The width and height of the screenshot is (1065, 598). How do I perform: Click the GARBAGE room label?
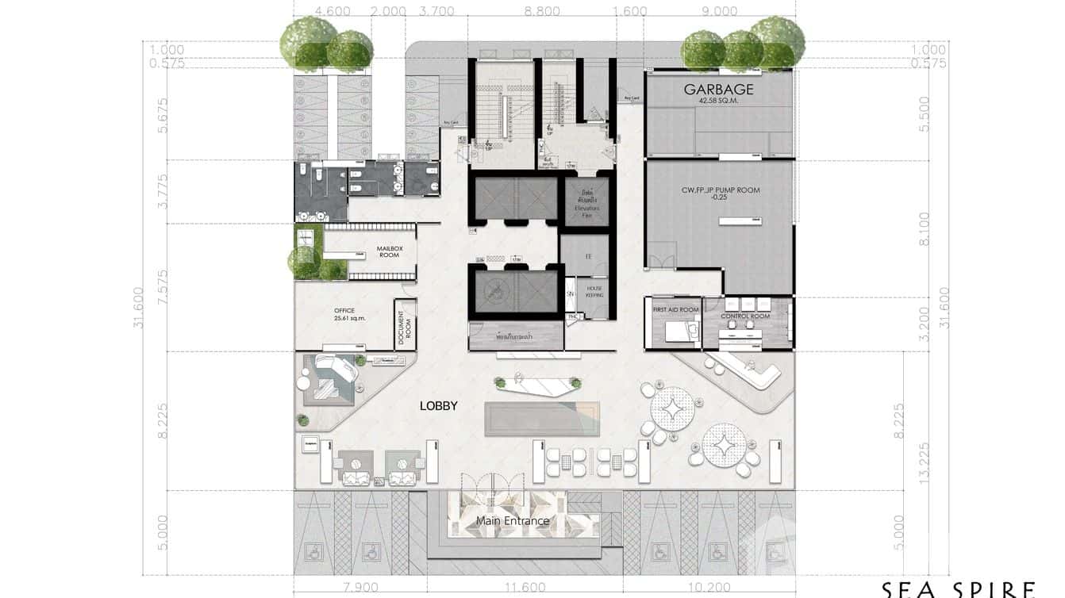coord(718,90)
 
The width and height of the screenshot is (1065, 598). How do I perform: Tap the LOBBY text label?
coord(439,405)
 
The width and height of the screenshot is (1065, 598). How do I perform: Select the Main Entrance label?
coord(513,521)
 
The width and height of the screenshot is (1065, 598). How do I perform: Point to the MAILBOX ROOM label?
coord(390,251)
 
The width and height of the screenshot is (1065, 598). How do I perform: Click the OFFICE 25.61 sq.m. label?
coord(344,314)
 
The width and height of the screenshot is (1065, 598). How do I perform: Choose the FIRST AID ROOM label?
coord(675,309)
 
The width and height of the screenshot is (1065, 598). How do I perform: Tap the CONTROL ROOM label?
coord(745,316)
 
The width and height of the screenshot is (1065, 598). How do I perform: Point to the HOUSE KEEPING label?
coord(595,291)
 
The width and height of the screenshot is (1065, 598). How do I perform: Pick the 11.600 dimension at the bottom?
coord(525,588)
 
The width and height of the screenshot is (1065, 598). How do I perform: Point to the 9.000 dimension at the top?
coord(720,11)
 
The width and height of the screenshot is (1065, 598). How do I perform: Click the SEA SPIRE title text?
coord(958,589)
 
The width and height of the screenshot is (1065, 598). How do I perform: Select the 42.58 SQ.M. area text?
coord(718,102)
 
